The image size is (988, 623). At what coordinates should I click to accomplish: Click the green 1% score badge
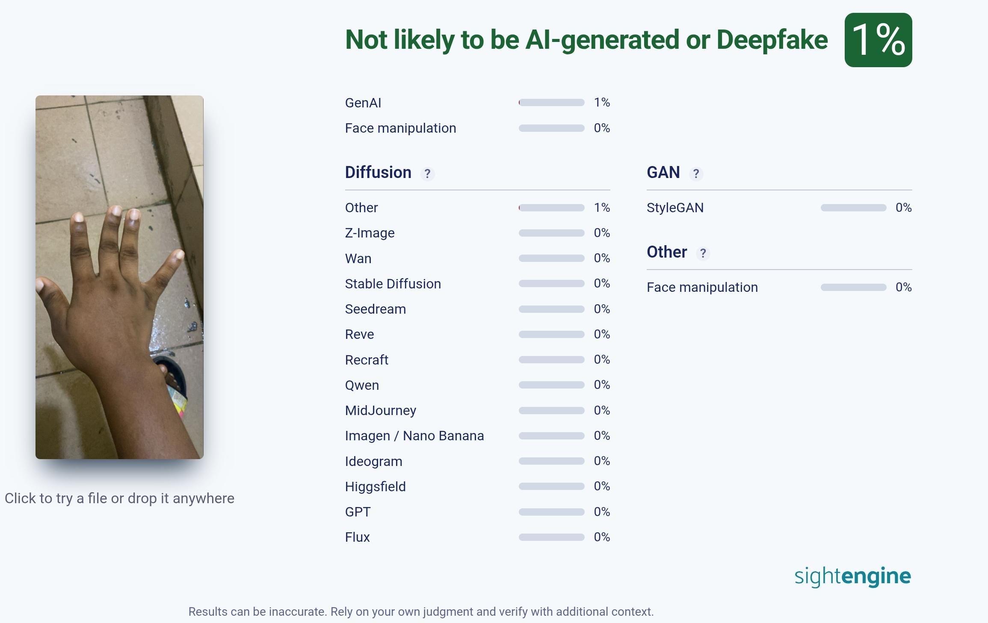click(x=878, y=40)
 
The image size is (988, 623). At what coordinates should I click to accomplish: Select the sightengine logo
click(x=852, y=576)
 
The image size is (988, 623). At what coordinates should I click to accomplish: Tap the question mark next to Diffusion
click(x=427, y=174)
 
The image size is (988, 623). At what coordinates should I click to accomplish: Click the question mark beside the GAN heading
click(x=696, y=174)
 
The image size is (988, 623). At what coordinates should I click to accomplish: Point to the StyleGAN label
click(x=675, y=208)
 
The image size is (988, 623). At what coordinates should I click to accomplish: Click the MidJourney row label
click(x=380, y=411)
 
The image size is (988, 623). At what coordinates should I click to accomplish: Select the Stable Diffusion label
click(x=393, y=284)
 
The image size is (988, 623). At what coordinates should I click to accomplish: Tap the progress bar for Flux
click(x=551, y=537)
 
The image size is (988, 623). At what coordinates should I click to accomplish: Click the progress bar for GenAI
click(x=551, y=103)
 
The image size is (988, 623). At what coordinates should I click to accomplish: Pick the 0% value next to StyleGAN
click(x=903, y=208)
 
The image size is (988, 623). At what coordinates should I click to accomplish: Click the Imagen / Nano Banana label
click(x=414, y=436)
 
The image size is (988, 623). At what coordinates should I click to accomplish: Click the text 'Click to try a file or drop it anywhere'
click(x=119, y=498)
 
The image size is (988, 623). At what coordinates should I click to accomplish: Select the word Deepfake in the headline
click(x=772, y=40)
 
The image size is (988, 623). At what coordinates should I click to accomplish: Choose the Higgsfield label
click(x=375, y=487)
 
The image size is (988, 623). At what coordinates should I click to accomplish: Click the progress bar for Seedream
click(x=551, y=309)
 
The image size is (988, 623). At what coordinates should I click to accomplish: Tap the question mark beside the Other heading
click(x=703, y=253)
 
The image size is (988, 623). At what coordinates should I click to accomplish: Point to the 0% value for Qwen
click(x=601, y=385)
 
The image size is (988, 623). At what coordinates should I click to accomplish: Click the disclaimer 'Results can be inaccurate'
click(x=421, y=612)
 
